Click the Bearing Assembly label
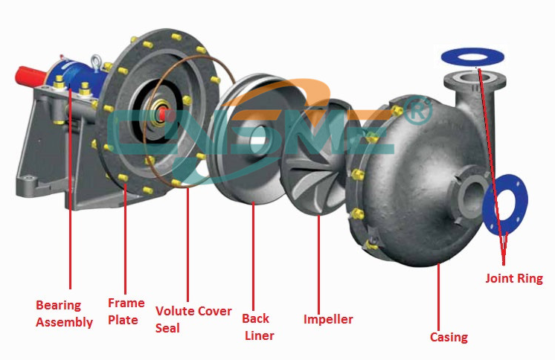[64, 314]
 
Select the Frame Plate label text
[126, 312]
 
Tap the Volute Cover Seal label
[193, 319]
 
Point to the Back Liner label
[258, 327]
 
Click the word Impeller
[328, 319]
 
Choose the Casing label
[449, 337]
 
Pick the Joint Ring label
[514, 278]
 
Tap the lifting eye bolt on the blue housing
[95, 61]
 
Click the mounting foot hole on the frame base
[28, 178]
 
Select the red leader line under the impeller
[318, 265]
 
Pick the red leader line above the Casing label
[438, 297]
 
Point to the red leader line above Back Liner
[253, 257]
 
